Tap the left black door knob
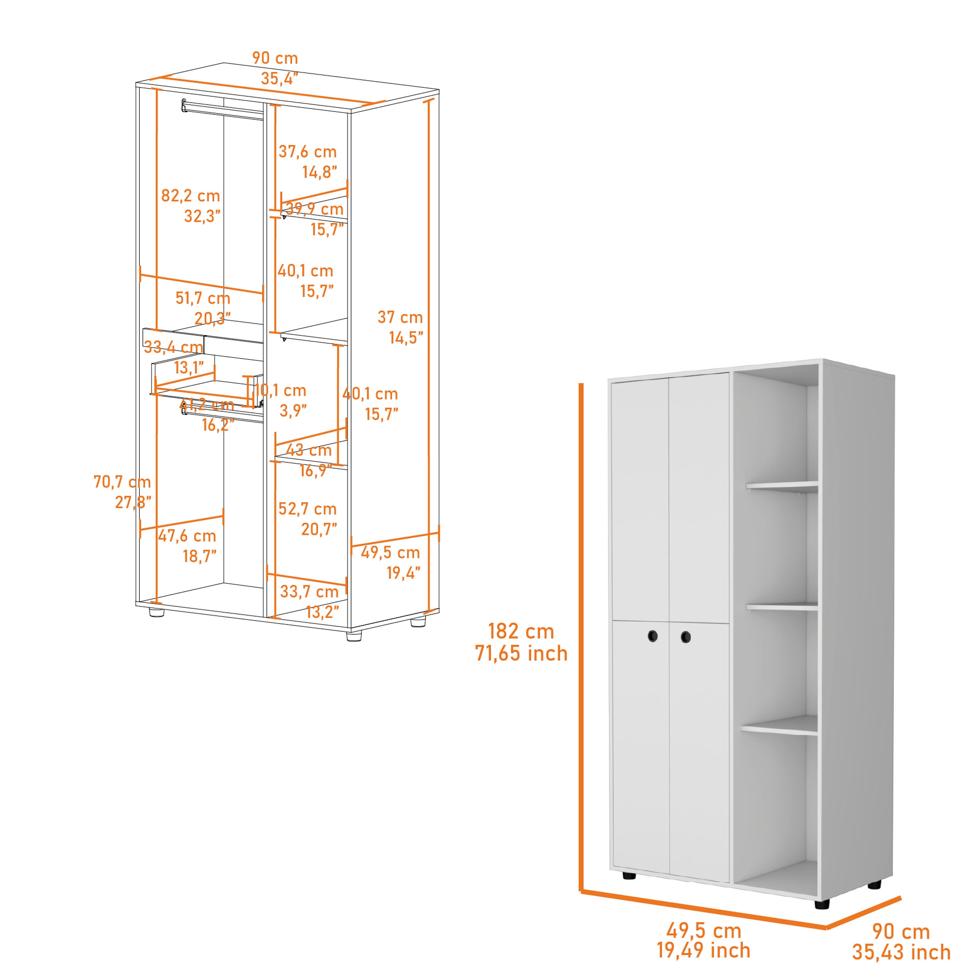(x=652, y=636)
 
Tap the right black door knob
(x=686, y=637)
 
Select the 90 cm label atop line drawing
(x=275, y=58)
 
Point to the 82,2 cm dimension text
(x=190, y=196)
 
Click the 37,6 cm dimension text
(x=307, y=152)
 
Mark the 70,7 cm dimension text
(x=122, y=482)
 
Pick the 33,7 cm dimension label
(x=309, y=592)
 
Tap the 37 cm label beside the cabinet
(x=400, y=318)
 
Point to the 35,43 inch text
(x=901, y=952)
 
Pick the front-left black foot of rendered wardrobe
(x=629, y=875)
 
